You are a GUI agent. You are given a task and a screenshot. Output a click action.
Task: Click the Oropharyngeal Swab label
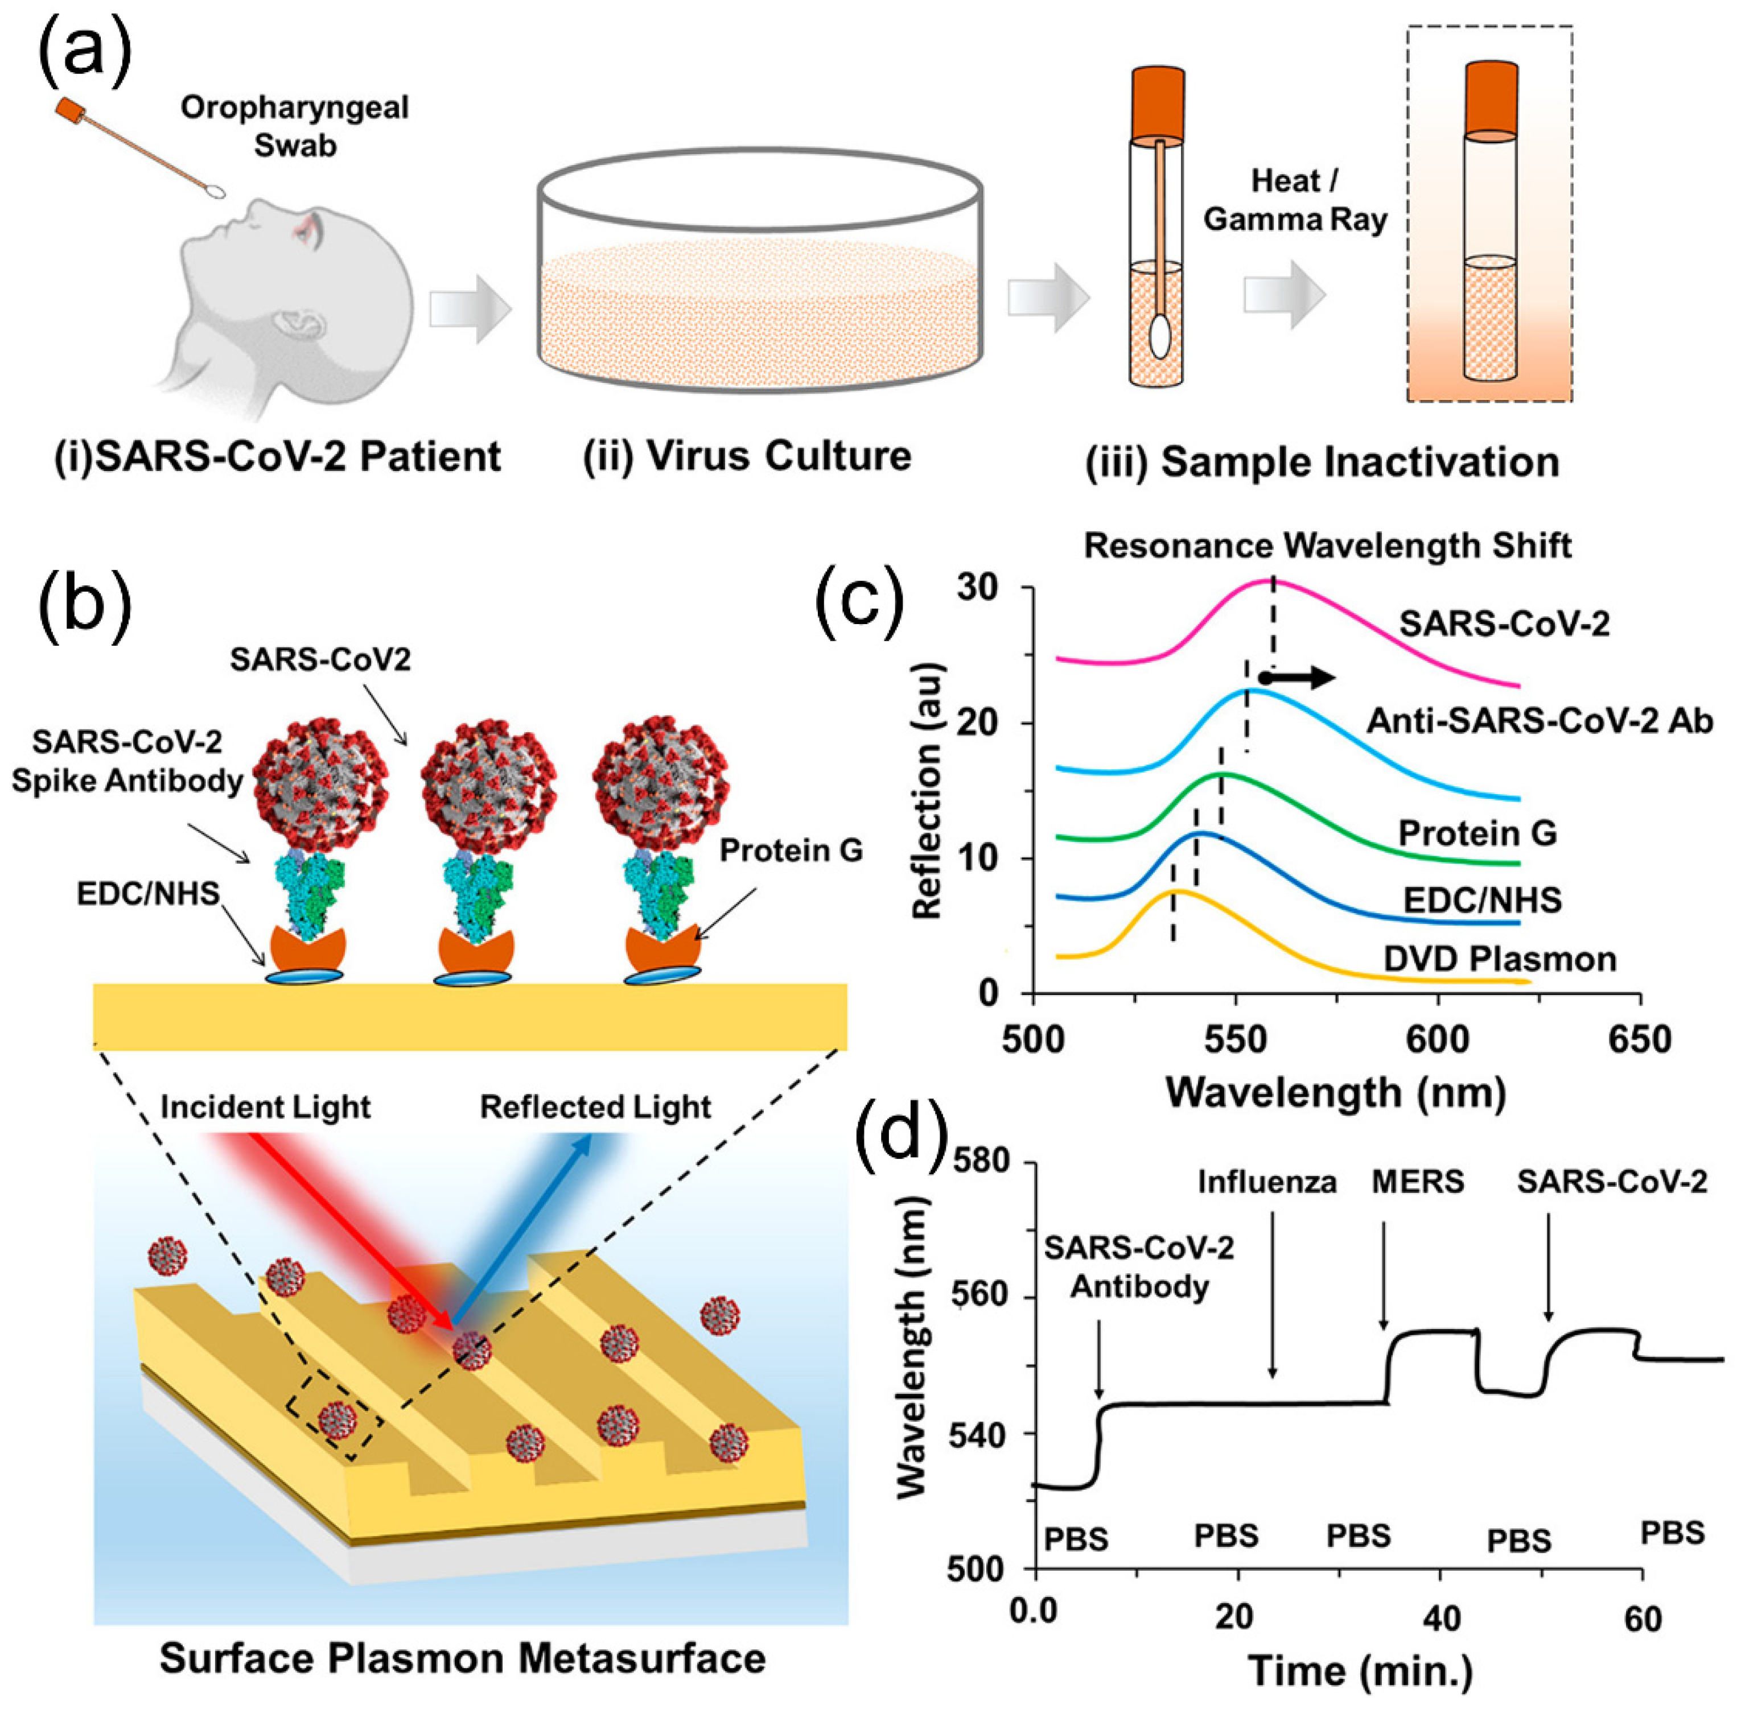tap(294, 126)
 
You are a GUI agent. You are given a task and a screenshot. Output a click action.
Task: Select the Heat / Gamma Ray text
tap(1295, 200)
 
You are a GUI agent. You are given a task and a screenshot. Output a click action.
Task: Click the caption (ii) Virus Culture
tap(747, 456)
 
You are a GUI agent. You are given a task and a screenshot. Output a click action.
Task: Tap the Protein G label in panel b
tap(790, 849)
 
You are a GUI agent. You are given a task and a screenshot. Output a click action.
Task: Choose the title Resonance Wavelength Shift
tap(1327, 545)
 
